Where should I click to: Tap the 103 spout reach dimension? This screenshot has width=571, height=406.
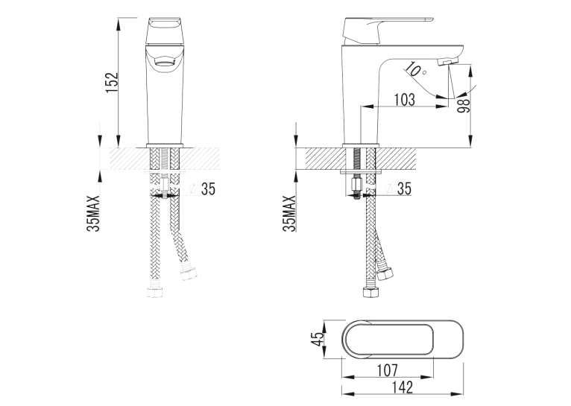[405, 99]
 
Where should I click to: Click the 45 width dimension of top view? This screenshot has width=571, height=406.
[318, 339]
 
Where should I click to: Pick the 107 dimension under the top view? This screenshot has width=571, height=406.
[387, 370]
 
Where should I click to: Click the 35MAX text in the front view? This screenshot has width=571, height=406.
[93, 213]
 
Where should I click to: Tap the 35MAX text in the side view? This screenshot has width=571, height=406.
[289, 213]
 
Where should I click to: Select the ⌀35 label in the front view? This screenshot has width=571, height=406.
[203, 188]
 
